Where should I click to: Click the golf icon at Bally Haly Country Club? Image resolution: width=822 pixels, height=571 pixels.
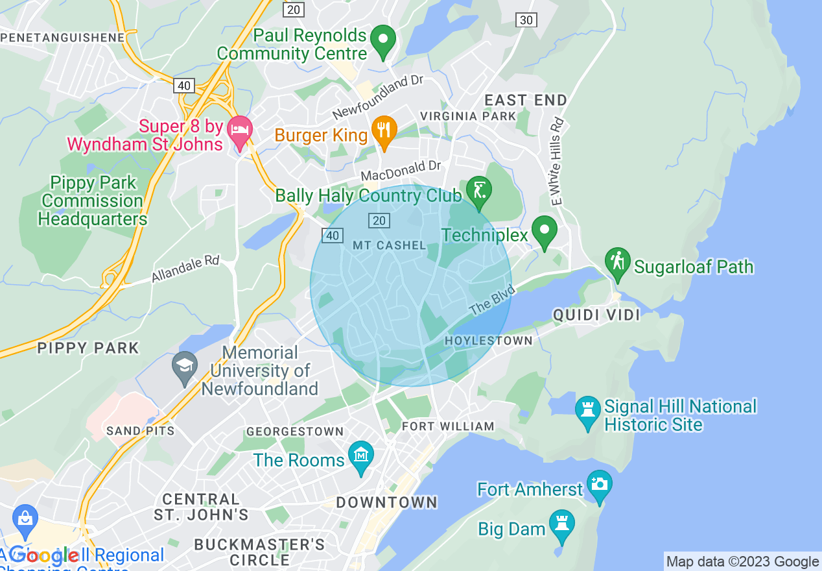click(x=478, y=191)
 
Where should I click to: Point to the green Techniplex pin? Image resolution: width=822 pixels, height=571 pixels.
click(x=545, y=230)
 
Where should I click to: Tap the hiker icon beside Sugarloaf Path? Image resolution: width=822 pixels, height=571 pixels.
click(x=618, y=262)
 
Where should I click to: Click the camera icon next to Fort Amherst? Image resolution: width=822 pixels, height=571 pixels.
click(x=599, y=485)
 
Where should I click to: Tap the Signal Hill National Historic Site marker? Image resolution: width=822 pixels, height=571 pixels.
click(x=588, y=411)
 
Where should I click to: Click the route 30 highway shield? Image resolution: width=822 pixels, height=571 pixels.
click(x=526, y=20)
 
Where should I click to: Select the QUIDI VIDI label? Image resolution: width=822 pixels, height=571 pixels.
click(x=596, y=315)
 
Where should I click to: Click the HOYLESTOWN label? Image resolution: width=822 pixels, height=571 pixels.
click(x=489, y=341)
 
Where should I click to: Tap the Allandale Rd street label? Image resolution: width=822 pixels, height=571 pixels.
click(x=185, y=269)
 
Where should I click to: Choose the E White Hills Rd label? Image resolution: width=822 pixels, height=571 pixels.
click(x=555, y=162)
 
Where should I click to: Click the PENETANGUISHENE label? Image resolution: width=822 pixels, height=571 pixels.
click(x=62, y=38)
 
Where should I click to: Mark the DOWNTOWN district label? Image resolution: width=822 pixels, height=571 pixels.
click(x=386, y=502)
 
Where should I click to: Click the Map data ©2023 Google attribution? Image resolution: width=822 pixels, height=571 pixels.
click(x=742, y=562)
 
